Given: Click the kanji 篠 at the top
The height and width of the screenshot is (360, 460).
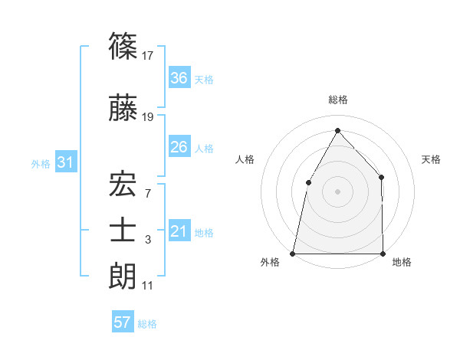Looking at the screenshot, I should coord(123,47).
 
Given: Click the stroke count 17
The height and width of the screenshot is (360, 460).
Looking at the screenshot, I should coord(148,55).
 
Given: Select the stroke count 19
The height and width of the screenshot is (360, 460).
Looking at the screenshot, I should coord(148,116).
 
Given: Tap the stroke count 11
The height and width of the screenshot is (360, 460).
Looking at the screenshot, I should coord(148,286).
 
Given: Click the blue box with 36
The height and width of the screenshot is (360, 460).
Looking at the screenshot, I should coord(179,78).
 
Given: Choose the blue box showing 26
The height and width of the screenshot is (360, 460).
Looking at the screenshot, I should coord(179,147).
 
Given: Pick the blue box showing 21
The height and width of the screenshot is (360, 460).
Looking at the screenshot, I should coord(179,231).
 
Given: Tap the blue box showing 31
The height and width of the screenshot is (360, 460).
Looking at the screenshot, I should coord(65,162).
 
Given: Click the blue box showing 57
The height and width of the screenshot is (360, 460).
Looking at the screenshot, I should coord(123,322).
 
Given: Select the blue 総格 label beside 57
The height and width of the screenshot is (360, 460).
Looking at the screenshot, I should coord(147,324).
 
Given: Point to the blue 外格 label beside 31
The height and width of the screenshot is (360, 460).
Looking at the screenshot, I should coord(41,163).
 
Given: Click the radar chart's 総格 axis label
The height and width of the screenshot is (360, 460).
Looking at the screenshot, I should coord(337,100).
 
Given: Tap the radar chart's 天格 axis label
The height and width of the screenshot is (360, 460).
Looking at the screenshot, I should coord(432,159).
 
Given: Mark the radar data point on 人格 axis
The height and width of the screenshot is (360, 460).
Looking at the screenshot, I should coord(308,182).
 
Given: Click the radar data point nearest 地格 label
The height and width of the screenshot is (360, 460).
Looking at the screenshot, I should coord(382,253).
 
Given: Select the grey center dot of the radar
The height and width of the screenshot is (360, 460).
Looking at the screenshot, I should coord(337,191).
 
